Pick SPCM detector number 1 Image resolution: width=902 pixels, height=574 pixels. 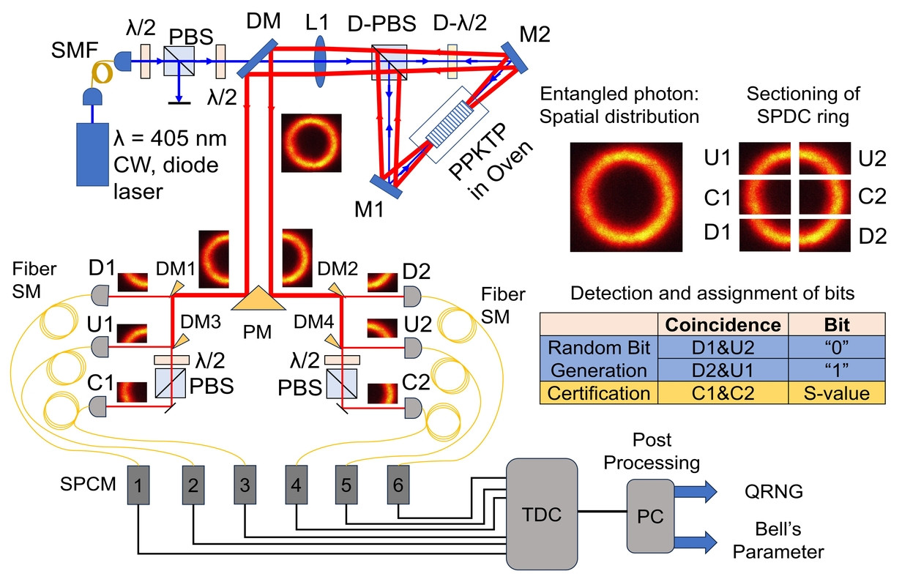coord(138,484)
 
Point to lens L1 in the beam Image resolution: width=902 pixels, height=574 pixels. coord(320,64)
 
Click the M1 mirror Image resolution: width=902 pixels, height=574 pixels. coord(386,187)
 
